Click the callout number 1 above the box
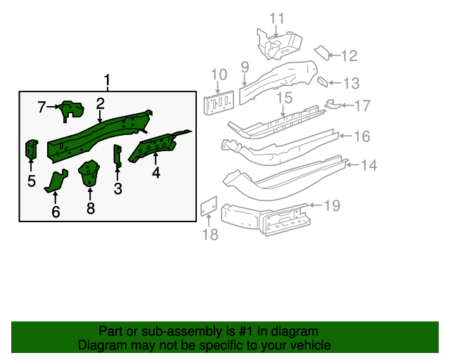pos(108,80)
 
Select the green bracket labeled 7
pos(71,110)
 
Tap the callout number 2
pos(101,104)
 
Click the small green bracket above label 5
pos(32,149)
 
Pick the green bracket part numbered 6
pos(57,181)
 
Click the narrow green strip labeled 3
pos(117,156)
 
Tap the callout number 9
pos(245,67)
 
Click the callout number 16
pos(361,136)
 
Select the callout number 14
pos(369,165)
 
